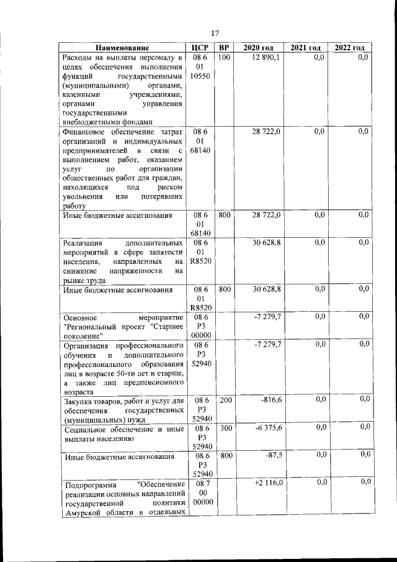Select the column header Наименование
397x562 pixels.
[x=123, y=48]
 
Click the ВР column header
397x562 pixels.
[x=224, y=48]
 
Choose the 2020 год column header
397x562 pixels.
[x=258, y=48]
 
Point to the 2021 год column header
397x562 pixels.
[x=305, y=48]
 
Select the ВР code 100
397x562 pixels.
[x=224, y=58]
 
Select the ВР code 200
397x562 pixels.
[x=225, y=400]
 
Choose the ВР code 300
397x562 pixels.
[x=225, y=428]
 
